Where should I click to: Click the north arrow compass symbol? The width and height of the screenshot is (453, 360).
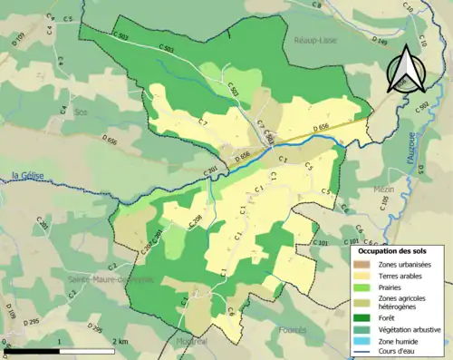405,69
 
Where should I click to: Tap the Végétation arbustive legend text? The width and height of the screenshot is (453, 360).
411,329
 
